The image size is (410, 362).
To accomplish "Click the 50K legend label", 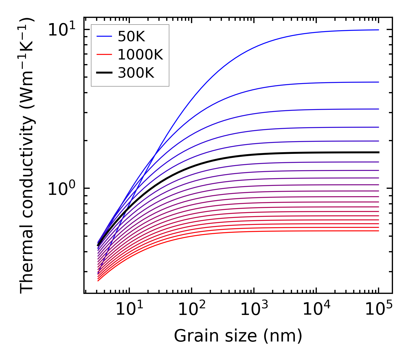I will (131, 37).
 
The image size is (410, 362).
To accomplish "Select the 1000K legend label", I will (140, 55).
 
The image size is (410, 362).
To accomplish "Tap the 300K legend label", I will (136, 73).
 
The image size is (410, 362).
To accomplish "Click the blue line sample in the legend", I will (104, 36).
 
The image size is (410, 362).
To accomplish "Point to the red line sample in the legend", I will (104, 54).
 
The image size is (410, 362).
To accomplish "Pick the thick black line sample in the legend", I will (104, 73).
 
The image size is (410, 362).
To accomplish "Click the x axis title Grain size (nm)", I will (238, 336).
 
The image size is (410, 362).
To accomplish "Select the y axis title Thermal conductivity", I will (28, 156).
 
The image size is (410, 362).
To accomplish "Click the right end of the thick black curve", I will (378, 152).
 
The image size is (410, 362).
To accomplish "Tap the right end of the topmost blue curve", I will (378, 30).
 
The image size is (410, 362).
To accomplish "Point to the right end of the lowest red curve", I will (378, 231).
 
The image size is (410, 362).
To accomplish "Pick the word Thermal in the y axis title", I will (28, 261).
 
